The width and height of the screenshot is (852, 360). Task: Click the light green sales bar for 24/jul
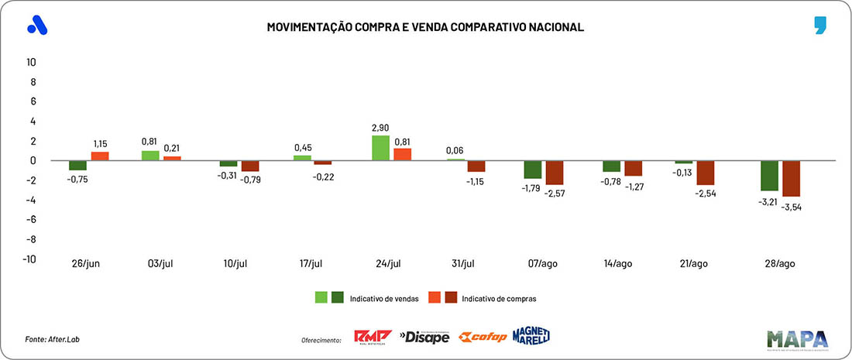click(x=381, y=148)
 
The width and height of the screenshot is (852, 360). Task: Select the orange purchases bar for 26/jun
click(x=100, y=156)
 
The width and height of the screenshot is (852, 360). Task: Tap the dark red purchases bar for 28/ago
click(x=791, y=178)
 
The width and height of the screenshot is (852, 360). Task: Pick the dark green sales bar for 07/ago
click(x=533, y=170)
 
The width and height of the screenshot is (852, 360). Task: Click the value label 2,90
click(x=380, y=126)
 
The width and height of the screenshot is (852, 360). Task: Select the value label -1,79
click(x=531, y=188)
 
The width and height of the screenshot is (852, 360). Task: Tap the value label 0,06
click(x=455, y=150)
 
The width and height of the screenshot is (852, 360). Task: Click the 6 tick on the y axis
click(x=33, y=101)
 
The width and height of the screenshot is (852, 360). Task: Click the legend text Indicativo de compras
click(x=498, y=298)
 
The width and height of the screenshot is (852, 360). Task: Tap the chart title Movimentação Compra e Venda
click(x=425, y=27)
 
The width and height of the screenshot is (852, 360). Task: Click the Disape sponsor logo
click(x=424, y=337)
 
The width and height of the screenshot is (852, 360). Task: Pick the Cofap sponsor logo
click(x=483, y=337)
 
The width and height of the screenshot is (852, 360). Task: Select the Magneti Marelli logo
click(x=531, y=335)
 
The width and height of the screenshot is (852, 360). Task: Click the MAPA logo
click(x=798, y=338)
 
